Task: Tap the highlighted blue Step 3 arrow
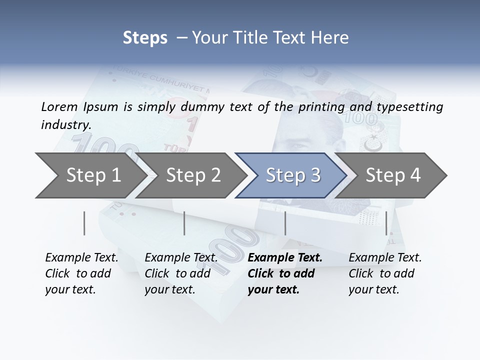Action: pyautogui.click(x=293, y=175)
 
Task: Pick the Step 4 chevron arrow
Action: pyautogui.click(x=393, y=175)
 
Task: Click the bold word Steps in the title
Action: pyautogui.click(x=145, y=38)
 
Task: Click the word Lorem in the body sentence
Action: pyautogui.click(x=59, y=106)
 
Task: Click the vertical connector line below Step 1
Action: pyautogui.click(x=84, y=223)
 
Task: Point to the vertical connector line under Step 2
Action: pyautogui.click(x=184, y=223)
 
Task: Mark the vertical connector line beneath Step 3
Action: pyautogui.click(x=285, y=223)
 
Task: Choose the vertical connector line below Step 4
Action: pyautogui.click(x=386, y=223)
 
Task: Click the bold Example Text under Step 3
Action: pyautogui.click(x=285, y=258)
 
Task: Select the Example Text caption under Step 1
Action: pyautogui.click(x=81, y=258)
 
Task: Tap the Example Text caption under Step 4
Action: pyautogui.click(x=385, y=258)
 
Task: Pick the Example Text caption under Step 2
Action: pyautogui.click(x=181, y=258)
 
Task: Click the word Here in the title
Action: pyautogui.click(x=330, y=38)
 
